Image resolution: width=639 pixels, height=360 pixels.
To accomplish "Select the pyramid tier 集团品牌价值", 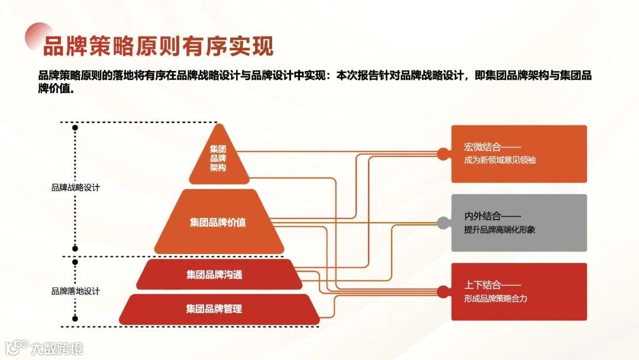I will [x=218, y=223].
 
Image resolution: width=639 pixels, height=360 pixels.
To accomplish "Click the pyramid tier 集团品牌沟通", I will [x=214, y=275].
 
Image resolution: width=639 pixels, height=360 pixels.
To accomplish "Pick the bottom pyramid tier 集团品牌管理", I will [x=214, y=309].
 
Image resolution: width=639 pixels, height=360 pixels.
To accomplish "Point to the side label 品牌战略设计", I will [x=75, y=188].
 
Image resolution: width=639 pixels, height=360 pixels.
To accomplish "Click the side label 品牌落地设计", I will [x=75, y=291].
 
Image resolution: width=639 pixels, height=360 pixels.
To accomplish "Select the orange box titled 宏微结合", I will [x=519, y=153].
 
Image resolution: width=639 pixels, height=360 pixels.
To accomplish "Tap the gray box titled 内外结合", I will [x=519, y=222].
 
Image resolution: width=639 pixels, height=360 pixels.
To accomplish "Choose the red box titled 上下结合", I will [x=519, y=291].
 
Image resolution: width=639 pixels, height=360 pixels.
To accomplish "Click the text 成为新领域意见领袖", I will [x=500, y=160].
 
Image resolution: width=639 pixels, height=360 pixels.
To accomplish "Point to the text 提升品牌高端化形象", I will [x=500, y=230].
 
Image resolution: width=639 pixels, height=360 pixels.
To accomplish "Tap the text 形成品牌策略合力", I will [x=496, y=298].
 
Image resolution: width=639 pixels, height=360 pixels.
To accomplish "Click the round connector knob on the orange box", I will [x=443, y=153].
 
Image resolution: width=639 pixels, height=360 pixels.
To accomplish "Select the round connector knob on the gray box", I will [x=443, y=223].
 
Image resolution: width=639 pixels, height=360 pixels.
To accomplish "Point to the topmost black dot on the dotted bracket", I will [x=75, y=127].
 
